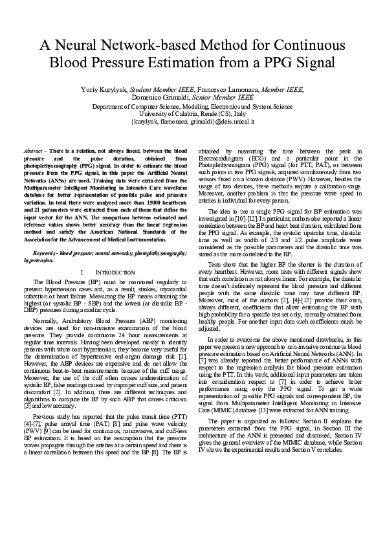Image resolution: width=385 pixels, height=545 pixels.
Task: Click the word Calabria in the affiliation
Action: (x=184, y=113)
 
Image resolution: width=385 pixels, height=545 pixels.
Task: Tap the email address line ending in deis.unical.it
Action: (x=192, y=121)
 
